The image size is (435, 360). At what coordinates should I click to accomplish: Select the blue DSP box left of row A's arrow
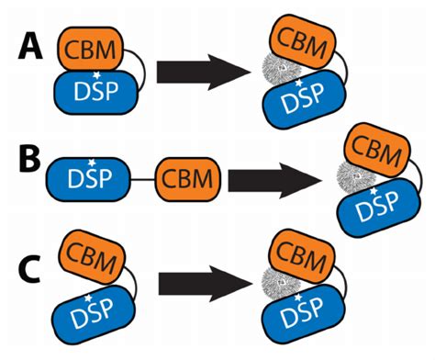95,93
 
